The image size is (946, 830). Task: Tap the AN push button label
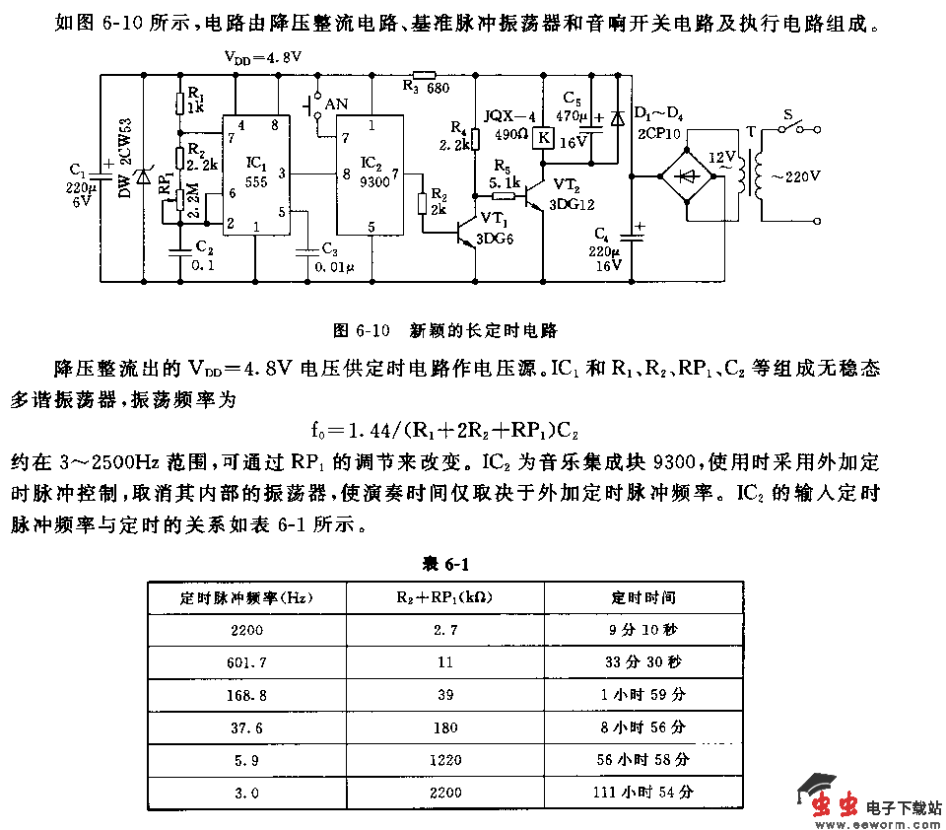(336, 103)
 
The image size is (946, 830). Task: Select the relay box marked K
(542, 138)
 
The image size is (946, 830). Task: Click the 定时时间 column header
(643, 597)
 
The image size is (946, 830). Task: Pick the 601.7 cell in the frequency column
(246, 662)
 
